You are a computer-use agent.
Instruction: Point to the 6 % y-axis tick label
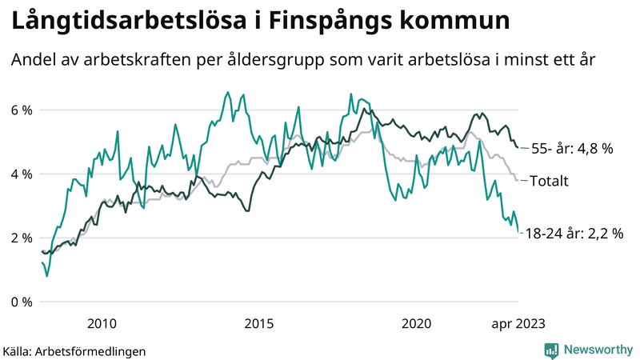21,110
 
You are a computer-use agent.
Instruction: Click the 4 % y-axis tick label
21,174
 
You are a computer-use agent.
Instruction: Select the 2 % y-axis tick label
21,238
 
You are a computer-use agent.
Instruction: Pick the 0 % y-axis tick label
21,302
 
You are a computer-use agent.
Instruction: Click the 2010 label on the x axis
102,323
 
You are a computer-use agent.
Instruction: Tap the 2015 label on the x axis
259,323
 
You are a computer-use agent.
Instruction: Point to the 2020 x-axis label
417,323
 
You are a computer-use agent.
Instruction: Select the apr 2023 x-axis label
518,323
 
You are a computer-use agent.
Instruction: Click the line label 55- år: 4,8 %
572,148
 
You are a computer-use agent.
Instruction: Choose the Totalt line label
550,182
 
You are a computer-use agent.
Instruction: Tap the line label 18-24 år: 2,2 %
574,234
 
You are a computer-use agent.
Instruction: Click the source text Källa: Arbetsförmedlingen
74,350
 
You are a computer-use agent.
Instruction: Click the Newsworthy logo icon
551,350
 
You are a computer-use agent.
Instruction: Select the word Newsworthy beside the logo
597,350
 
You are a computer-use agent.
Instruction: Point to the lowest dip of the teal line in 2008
47,276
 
